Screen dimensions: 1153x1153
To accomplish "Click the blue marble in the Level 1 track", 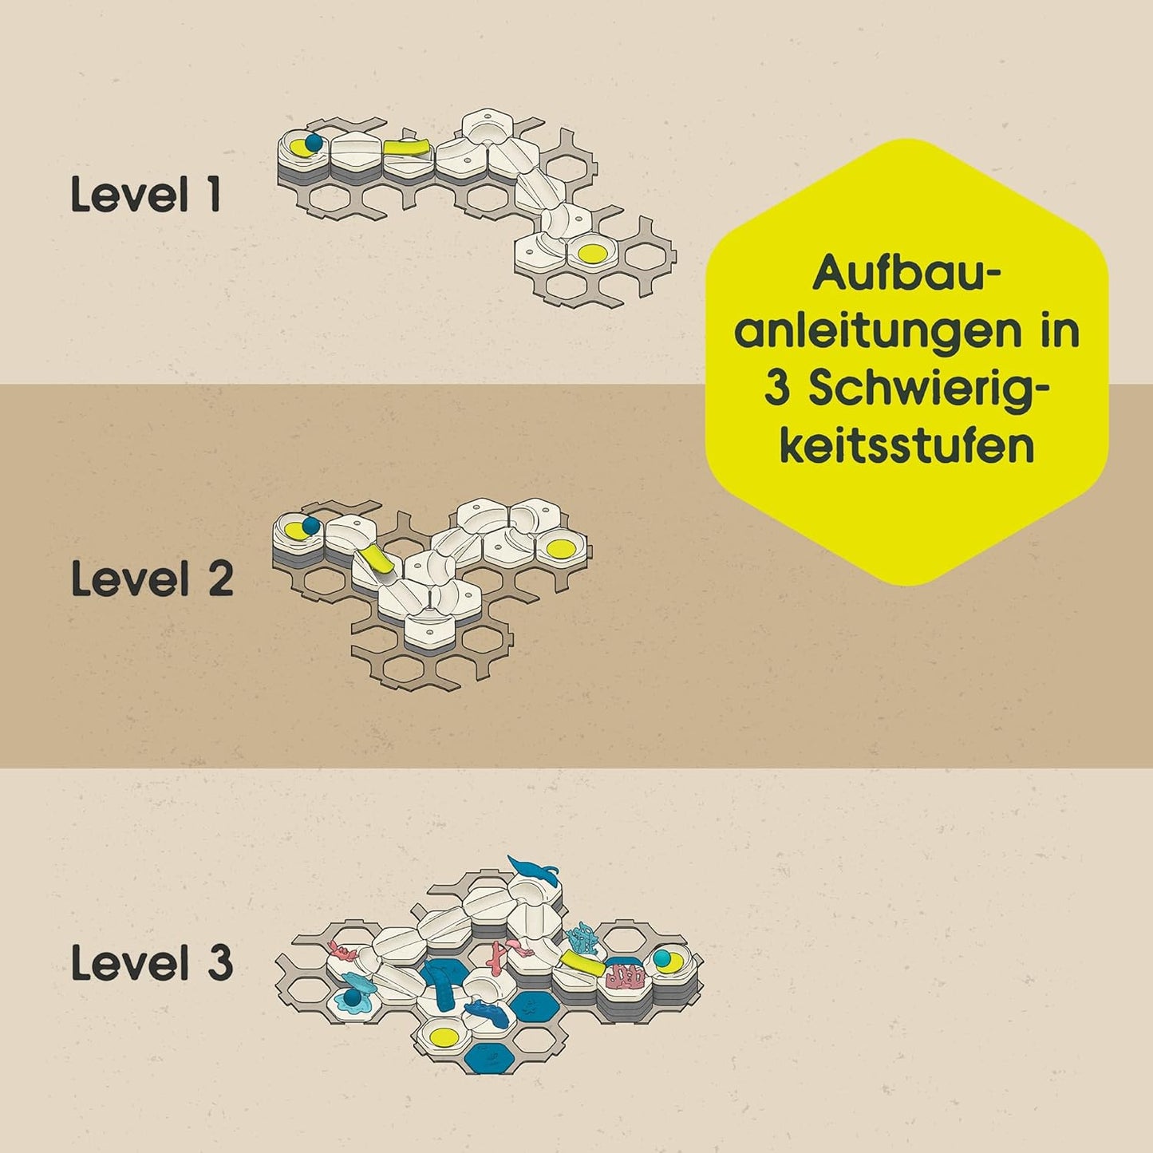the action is (x=314, y=143).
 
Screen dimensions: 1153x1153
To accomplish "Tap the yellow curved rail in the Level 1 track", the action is (x=407, y=147).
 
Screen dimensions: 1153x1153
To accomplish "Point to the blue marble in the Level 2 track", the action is (x=310, y=526).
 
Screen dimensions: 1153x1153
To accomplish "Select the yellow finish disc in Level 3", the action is (x=444, y=1035).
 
